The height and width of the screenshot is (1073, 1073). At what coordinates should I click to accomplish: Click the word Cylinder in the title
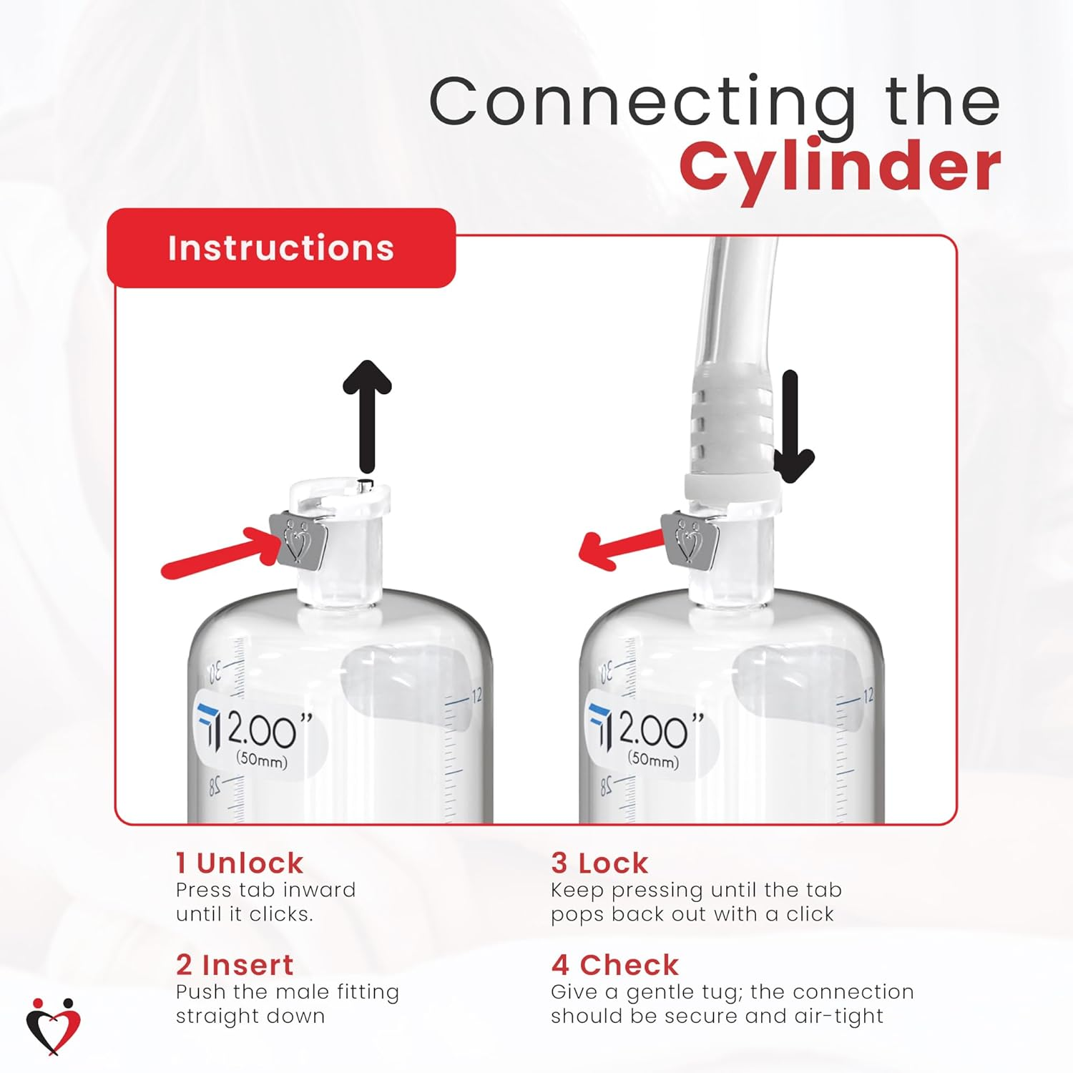coord(840,167)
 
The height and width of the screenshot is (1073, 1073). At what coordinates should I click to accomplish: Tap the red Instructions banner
coord(281,248)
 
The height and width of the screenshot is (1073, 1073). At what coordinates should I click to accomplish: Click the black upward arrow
coord(368,415)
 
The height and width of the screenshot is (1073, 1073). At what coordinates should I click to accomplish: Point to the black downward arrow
coord(792,429)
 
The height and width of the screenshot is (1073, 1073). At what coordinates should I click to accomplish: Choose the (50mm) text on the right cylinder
coord(653,759)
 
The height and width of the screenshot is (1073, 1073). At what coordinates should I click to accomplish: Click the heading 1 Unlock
coord(240,863)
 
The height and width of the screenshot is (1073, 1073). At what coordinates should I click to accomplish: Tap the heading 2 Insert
coord(235,966)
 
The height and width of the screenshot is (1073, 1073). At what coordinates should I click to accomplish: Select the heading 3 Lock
coord(599,863)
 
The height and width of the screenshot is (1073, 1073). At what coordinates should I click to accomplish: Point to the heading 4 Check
coord(614,966)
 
